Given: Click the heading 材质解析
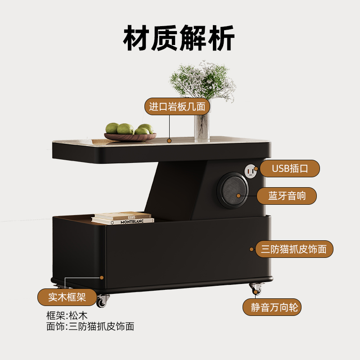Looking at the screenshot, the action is coord(179,40).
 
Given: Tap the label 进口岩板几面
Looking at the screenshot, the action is coord(177,107).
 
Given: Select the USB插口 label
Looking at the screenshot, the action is coord(290,169).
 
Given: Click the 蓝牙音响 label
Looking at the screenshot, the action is coord(287,196).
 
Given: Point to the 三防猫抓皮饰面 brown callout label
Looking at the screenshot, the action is coord(294,249).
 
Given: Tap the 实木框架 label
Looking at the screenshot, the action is coord(67,297).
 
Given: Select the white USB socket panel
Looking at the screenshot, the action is coord(250,170).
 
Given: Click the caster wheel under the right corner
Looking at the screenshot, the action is coord(256,288).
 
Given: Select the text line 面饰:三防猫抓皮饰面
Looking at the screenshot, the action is coord(90,326).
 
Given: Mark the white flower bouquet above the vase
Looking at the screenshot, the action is coord(202,81).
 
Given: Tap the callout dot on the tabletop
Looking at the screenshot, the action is coord(169,140).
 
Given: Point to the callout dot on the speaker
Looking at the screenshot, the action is coord(246,196).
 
